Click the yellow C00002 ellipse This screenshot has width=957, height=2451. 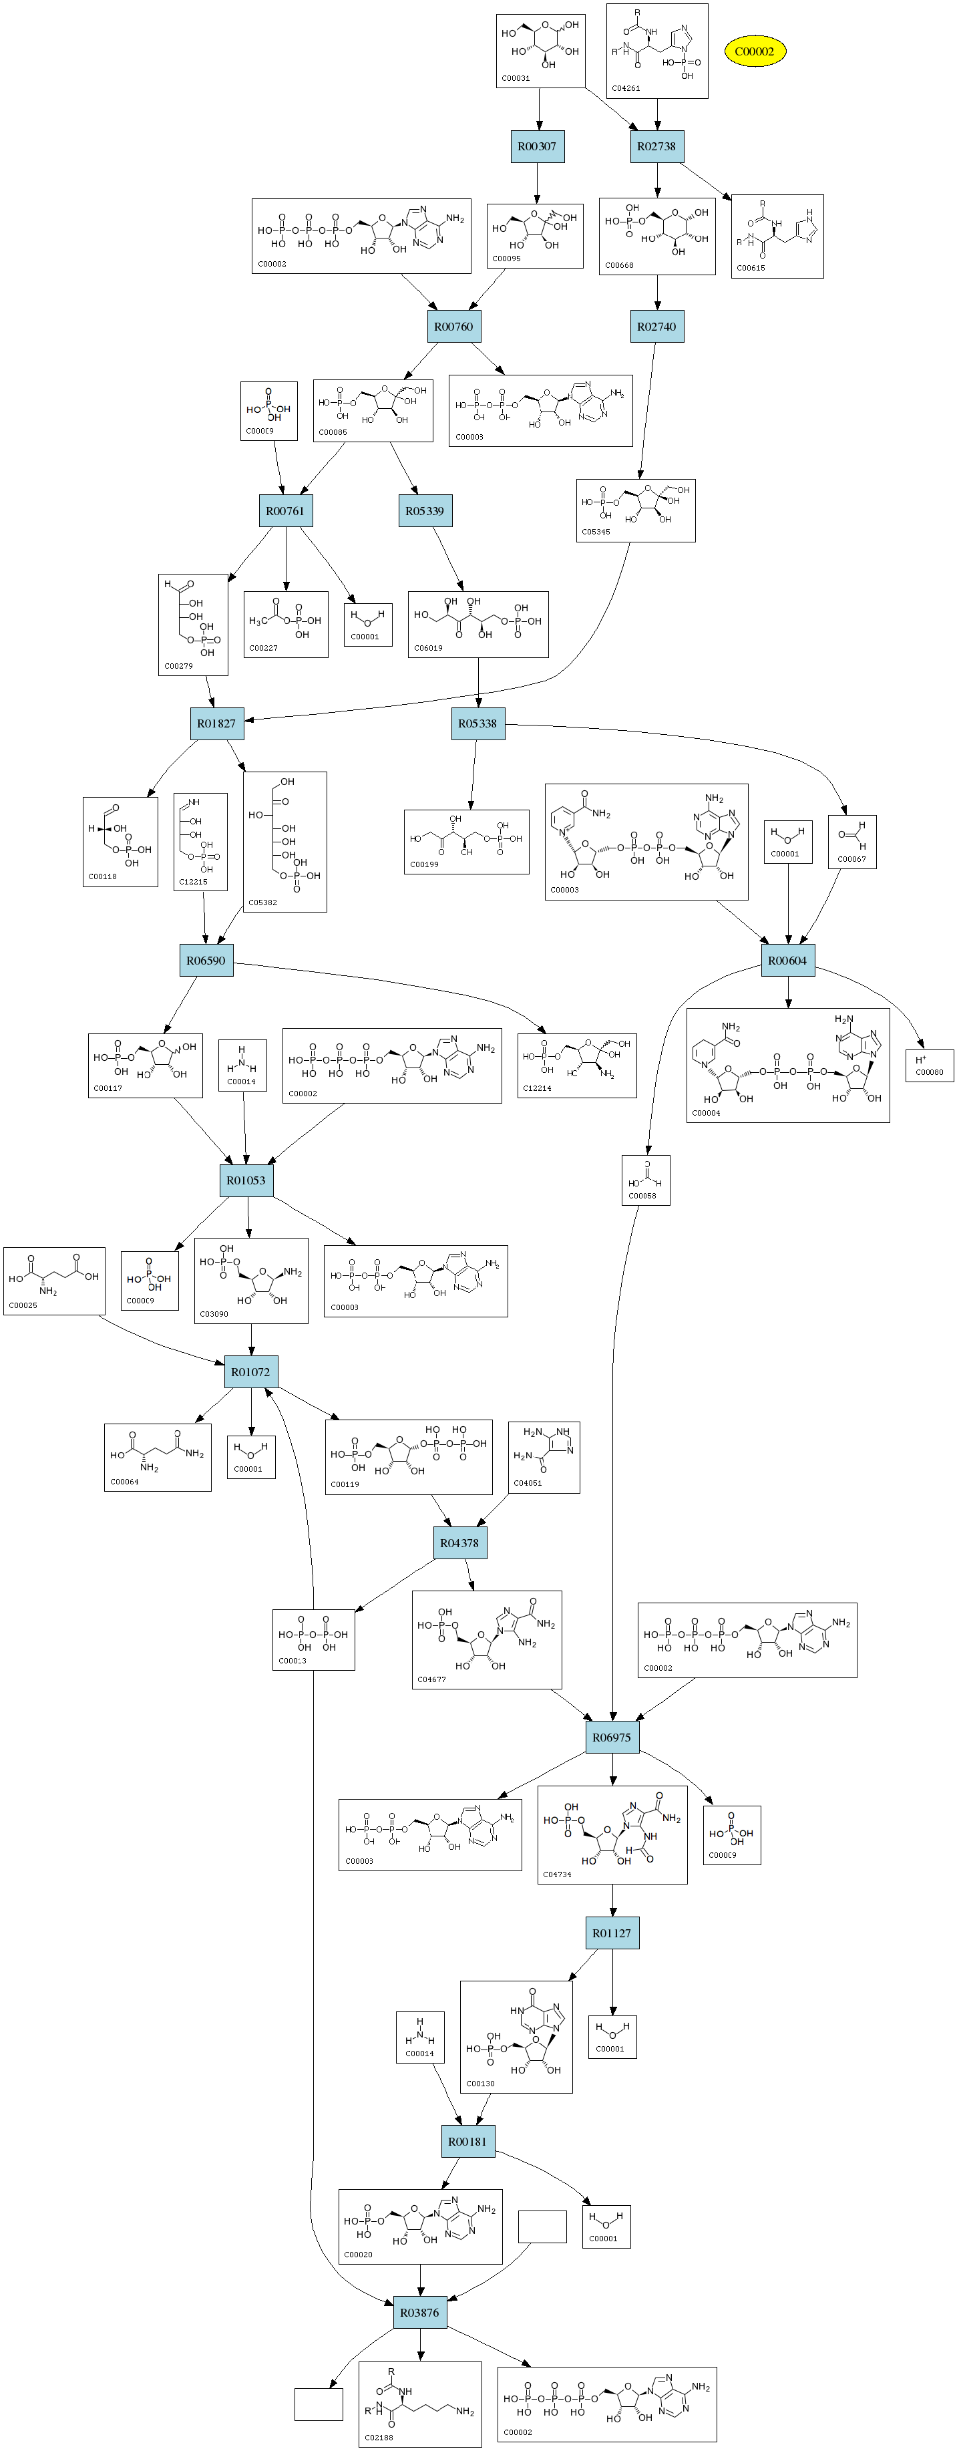(x=755, y=51)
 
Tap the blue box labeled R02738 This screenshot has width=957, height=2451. (x=656, y=146)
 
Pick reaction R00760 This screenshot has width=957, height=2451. (x=453, y=327)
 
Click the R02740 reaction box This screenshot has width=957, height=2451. (x=656, y=327)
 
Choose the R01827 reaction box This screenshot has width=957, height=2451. (x=217, y=723)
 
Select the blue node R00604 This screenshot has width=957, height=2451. (x=787, y=960)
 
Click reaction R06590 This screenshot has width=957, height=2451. (x=206, y=960)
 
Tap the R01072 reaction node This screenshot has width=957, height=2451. (x=251, y=1372)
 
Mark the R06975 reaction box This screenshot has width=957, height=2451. (x=612, y=1738)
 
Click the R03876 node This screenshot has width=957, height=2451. (x=419, y=2312)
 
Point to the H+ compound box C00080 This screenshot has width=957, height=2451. (x=928, y=1065)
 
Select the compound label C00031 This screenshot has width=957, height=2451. (x=516, y=78)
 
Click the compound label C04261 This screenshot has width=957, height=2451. (x=626, y=88)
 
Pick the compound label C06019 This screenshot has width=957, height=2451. (x=428, y=648)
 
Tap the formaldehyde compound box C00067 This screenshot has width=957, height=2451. (x=851, y=842)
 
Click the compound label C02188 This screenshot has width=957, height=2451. (x=379, y=2438)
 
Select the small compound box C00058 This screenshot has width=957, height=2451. (x=645, y=1180)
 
